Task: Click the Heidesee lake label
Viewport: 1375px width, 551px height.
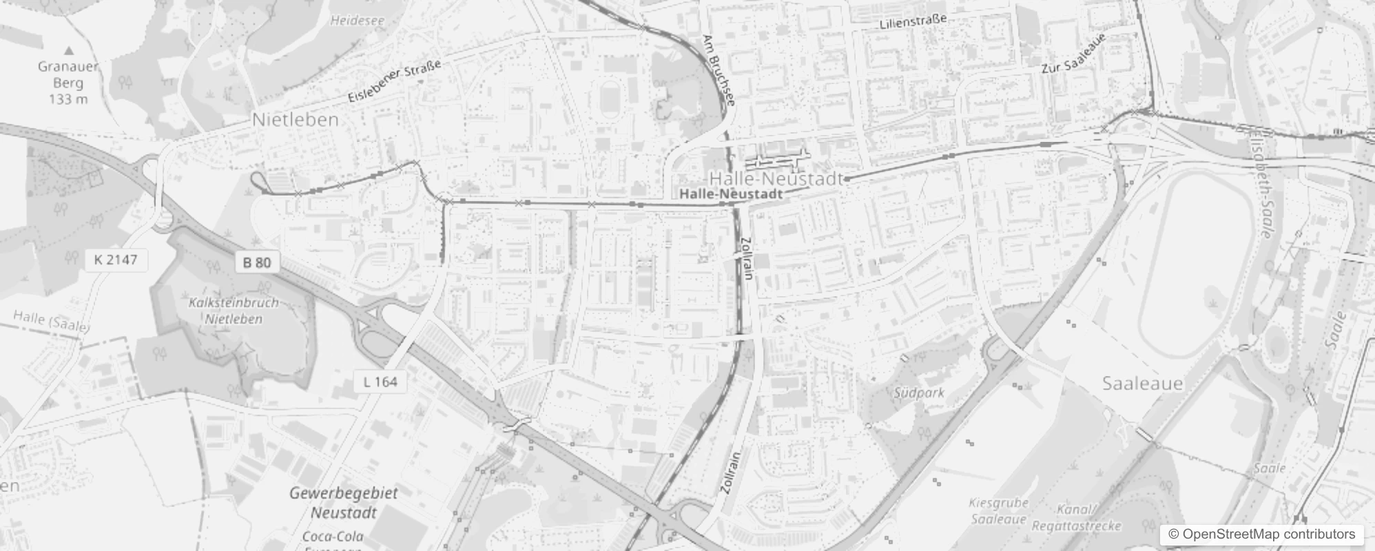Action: click(357, 21)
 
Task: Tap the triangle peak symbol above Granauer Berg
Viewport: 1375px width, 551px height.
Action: click(69, 50)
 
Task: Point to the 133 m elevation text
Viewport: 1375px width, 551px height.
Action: click(68, 99)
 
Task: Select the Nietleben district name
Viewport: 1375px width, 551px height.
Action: click(295, 119)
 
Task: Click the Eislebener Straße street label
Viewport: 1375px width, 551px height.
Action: click(394, 82)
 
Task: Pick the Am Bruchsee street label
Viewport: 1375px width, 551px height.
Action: click(719, 70)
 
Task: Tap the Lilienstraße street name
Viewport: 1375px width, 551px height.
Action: click(913, 22)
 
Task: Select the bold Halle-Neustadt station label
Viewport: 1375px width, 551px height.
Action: click(731, 194)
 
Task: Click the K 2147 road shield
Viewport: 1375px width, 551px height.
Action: click(116, 260)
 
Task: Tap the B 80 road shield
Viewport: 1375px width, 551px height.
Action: click(257, 262)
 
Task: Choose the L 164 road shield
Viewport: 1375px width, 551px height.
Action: click(380, 382)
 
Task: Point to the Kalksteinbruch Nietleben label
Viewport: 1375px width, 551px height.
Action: click(234, 311)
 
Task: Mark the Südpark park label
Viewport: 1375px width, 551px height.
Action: click(919, 393)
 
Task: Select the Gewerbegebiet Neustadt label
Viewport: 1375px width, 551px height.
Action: click(343, 503)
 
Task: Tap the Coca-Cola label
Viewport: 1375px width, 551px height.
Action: click(333, 537)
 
